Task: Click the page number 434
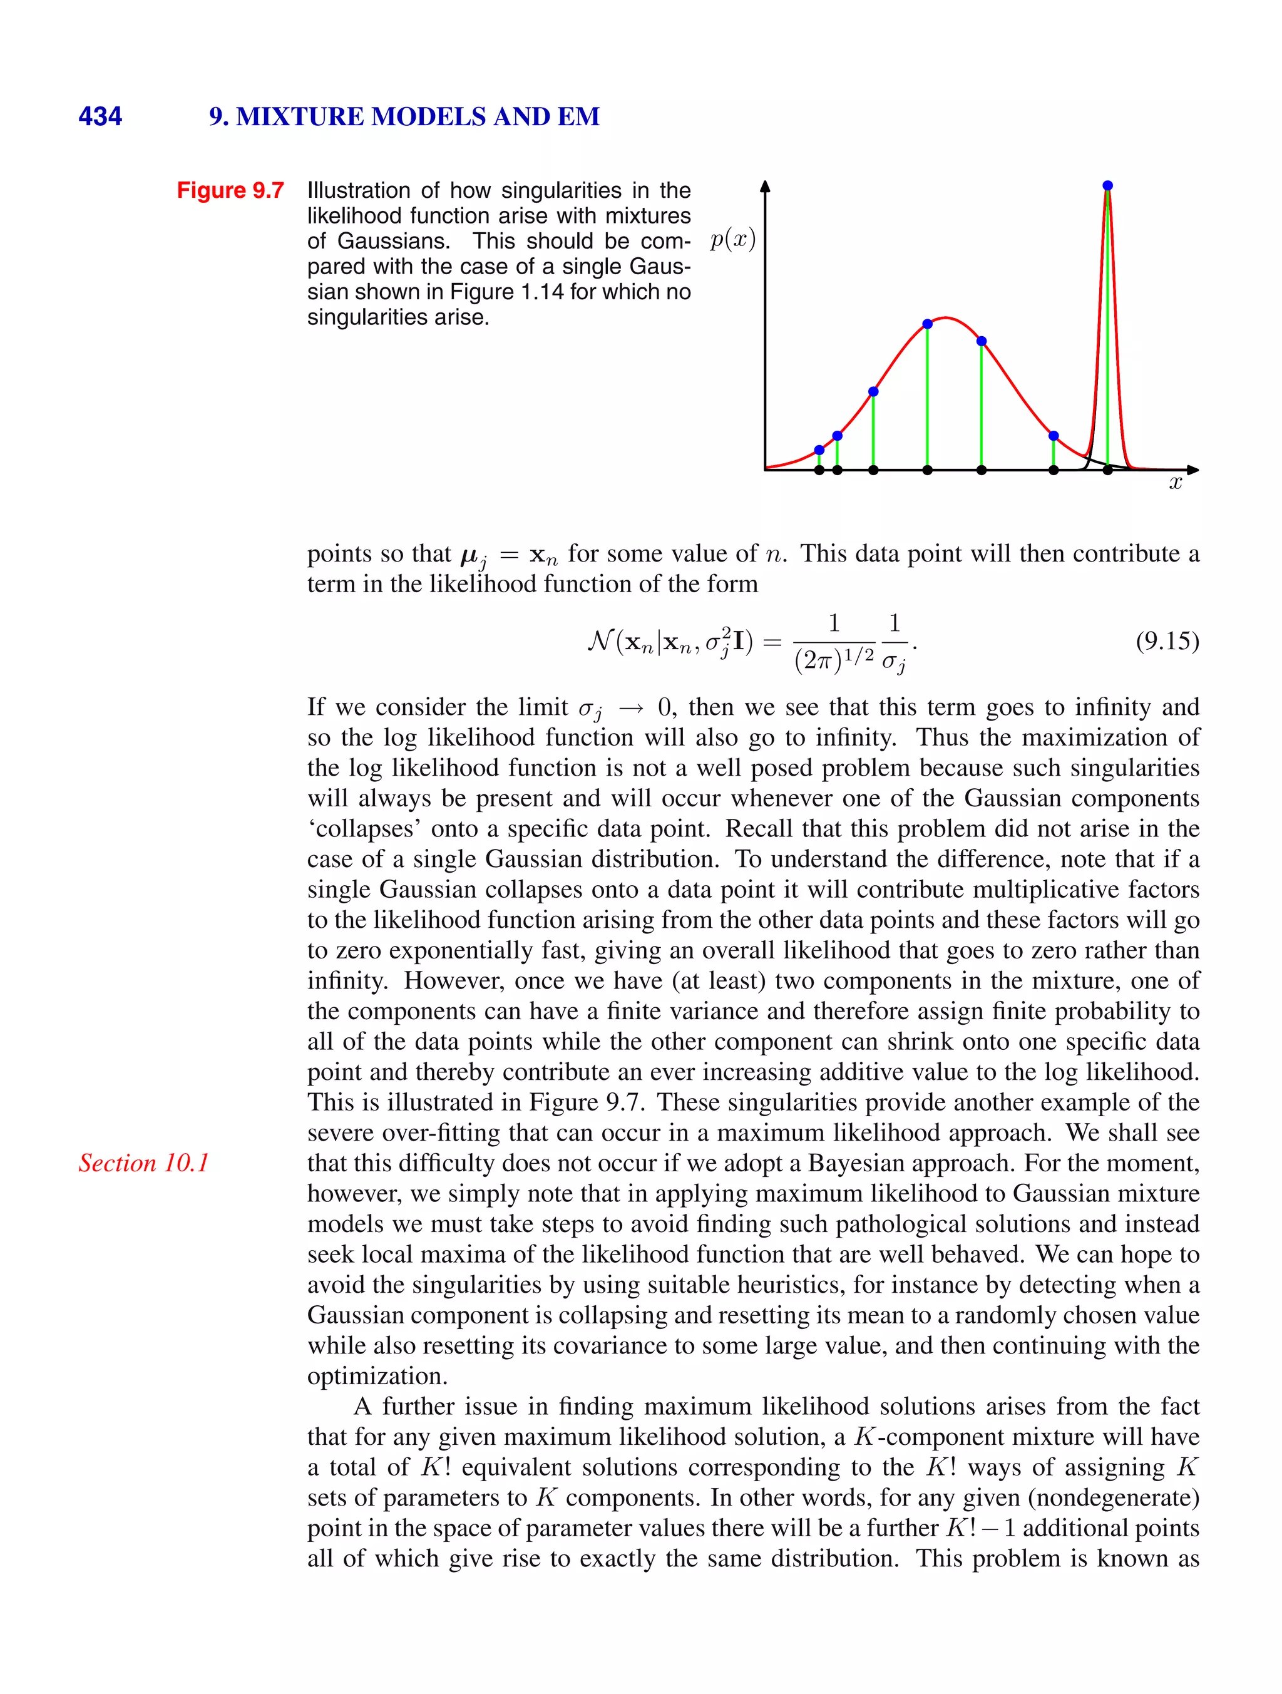pyautogui.click(x=100, y=116)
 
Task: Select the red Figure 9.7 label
pyautogui.click(x=230, y=190)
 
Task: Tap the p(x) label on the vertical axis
pyautogui.click(x=732, y=240)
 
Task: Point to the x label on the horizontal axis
pyautogui.click(x=1175, y=483)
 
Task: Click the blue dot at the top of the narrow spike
pyautogui.click(x=1107, y=185)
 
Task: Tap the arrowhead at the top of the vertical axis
pyautogui.click(x=764, y=186)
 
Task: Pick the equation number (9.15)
pyautogui.click(x=1166, y=641)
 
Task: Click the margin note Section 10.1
pyautogui.click(x=143, y=1163)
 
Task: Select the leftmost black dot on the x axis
pyautogui.click(x=819, y=470)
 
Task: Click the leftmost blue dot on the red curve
pyautogui.click(x=819, y=450)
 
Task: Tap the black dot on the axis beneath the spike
pyautogui.click(x=1107, y=470)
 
